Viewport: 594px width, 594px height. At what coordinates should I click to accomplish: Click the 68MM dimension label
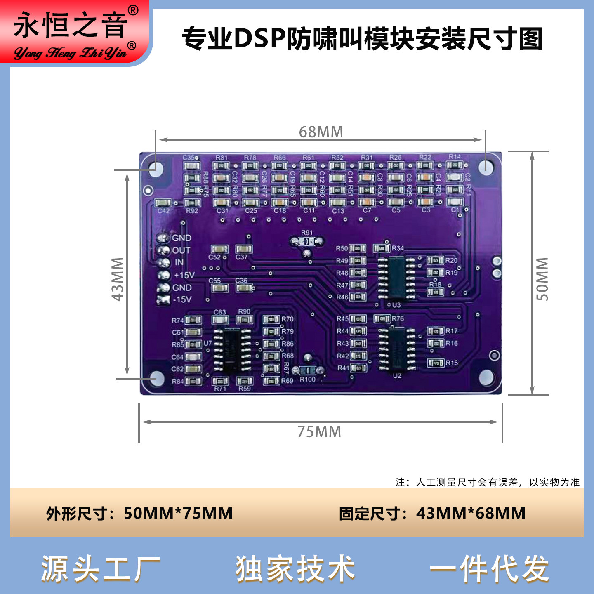coord(321,132)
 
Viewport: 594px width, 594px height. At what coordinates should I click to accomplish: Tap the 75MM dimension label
coord(319,432)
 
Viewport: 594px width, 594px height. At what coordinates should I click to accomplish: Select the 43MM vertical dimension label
coord(118,279)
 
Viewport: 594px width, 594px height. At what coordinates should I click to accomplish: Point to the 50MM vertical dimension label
coord(542,279)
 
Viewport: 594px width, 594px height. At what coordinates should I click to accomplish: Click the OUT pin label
coord(181,250)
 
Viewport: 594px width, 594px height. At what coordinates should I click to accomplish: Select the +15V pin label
coord(184,275)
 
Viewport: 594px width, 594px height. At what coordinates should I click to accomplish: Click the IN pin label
coord(179,262)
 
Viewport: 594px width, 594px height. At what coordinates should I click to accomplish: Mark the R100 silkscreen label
coord(307,379)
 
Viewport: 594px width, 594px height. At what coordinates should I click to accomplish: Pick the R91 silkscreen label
coord(307,233)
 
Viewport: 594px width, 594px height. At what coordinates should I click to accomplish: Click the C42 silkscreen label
coord(163,211)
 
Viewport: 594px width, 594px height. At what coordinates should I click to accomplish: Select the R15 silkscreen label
coord(452,363)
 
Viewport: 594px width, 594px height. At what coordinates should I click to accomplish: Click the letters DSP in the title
coord(260,39)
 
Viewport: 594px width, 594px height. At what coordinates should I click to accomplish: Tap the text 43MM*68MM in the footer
coord(471,514)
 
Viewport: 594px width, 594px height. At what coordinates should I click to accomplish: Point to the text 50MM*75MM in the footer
coord(178,514)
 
